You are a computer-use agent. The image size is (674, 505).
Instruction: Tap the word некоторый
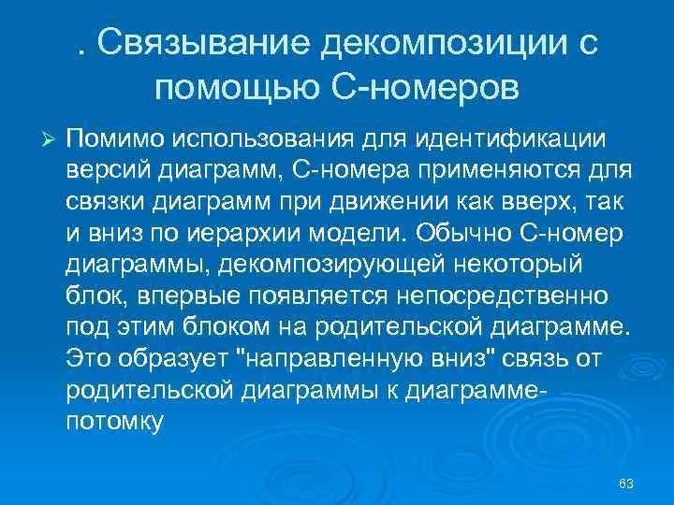pyautogui.click(x=505, y=264)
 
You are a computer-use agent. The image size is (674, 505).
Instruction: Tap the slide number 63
pyautogui.click(x=626, y=483)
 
